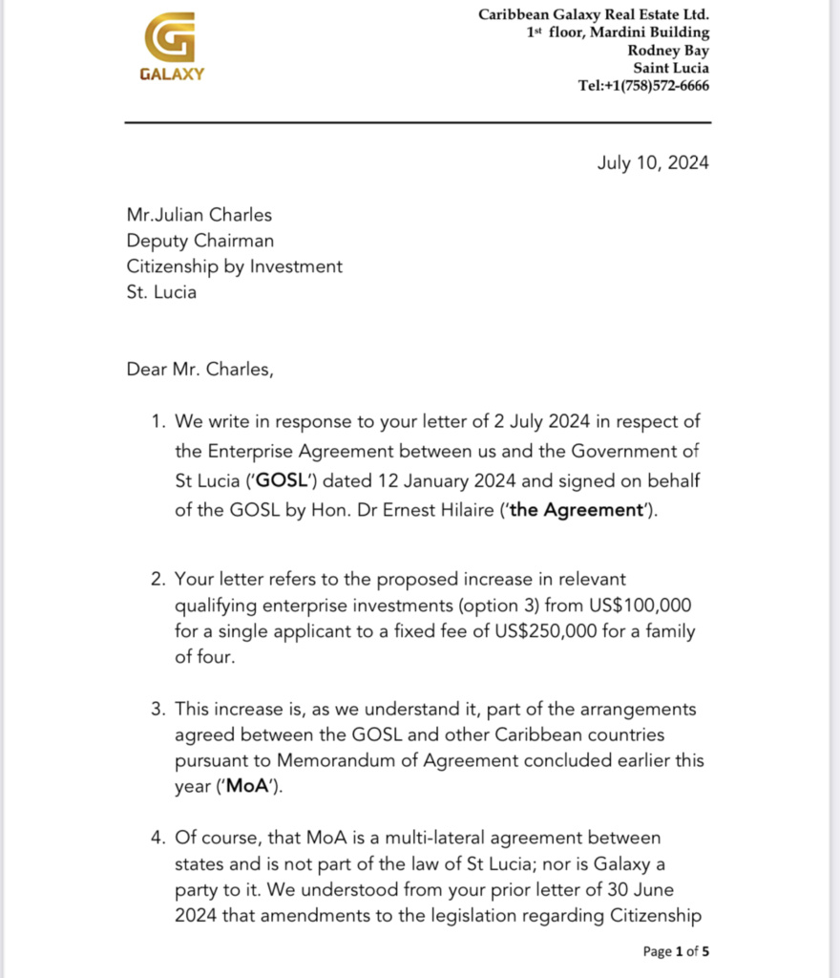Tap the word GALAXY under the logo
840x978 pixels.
click(172, 74)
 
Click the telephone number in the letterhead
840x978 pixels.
click(643, 85)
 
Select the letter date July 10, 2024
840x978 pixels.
click(653, 162)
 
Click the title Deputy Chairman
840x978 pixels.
click(199, 242)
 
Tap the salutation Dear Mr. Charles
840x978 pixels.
click(199, 370)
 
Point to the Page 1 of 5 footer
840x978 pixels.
click(676, 951)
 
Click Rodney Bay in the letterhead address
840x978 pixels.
click(668, 50)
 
